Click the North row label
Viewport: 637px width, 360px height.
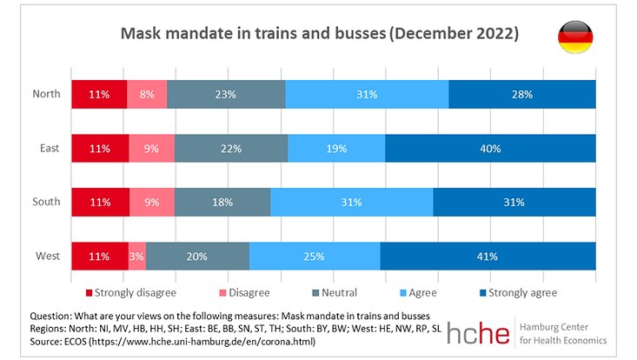click(x=46, y=94)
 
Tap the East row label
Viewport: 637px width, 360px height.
click(x=50, y=148)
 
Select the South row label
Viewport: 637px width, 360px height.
click(x=46, y=202)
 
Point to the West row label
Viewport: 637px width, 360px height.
click(x=48, y=256)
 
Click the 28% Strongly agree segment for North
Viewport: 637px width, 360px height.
click(x=522, y=94)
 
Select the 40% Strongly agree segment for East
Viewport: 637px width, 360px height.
click(x=490, y=148)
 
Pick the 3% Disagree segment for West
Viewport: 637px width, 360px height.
click(x=136, y=256)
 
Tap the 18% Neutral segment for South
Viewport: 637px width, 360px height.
click(x=222, y=202)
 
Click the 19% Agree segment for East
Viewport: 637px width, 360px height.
click(x=335, y=148)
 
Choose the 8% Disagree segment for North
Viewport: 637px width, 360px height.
click(x=146, y=94)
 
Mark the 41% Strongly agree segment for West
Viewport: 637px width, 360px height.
click(x=488, y=256)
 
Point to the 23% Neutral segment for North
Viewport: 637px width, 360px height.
click(x=226, y=94)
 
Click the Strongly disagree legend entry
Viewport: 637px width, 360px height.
click(x=130, y=292)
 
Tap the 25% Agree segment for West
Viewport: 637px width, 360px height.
click(x=315, y=256)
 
